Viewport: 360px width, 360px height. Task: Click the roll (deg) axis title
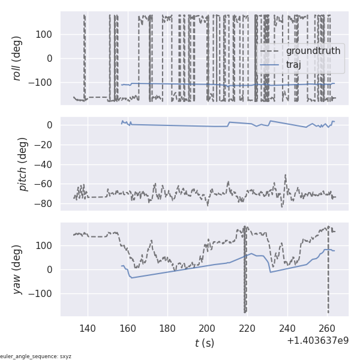click(x=17, y=59)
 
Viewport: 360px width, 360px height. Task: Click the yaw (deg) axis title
click(x=17, y=269)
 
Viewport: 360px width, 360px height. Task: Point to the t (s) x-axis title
click(x=204, y=343)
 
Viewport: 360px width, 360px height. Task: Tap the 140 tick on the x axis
click(x=88, y=328)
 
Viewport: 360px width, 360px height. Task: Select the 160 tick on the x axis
click(x=128, y=328)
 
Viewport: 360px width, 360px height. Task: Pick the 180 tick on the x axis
click(x=167, y=328)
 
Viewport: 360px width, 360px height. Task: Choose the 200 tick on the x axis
click(x=208, y=328)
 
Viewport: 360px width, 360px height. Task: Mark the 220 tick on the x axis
click(x=247, y=328)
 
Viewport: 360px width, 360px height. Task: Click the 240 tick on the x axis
click(x=287, y=328)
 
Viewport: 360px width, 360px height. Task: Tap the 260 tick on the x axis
click(x=327, y=328)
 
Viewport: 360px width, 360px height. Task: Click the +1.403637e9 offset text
click(x=317, y=341)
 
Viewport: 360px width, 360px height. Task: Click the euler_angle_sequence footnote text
click(x=36, y=356)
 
